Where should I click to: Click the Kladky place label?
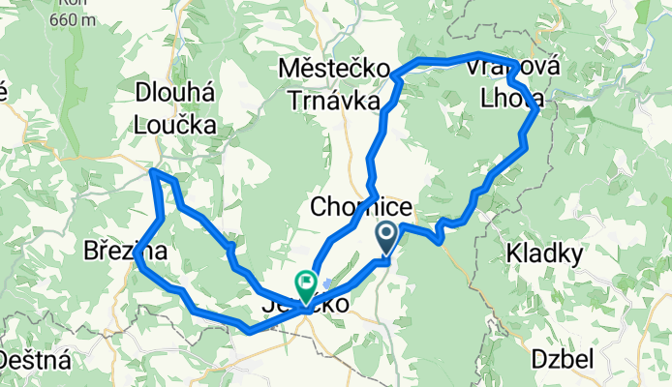pos(542,254)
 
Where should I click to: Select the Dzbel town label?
pos(562,360)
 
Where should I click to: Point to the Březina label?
pos(124,251)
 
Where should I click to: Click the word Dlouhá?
pos(174,94)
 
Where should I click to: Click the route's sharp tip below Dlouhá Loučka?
pos(153,171)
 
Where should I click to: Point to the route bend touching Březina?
pos(137,259)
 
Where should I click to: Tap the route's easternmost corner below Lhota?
pos(538,113)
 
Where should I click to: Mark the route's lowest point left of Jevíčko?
pos(249,331)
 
